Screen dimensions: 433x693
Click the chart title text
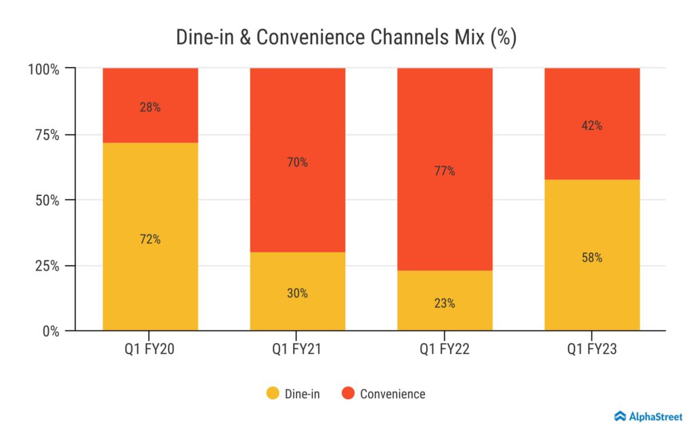[x=346, y=37]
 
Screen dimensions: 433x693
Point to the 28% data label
[x=150, y=107]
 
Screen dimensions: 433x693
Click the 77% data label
[x=445, y=171]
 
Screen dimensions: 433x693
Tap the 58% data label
[x=591, y=258]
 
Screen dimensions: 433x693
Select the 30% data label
[x=297, y=293]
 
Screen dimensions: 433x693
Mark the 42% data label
[x=591, y=126]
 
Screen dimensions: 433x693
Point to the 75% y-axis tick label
[x=45, y=135]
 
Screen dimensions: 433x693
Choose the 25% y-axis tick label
[x=45, y=266]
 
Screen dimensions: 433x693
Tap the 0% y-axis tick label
[x=49, y=332]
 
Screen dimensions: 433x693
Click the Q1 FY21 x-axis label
[x=297, y=350]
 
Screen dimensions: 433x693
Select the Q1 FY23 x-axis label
[x=591, y=350]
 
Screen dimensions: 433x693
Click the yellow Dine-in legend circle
[x=273, y=393]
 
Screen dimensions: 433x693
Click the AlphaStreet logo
[x=648, y=416]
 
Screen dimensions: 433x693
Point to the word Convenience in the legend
[x=393, y=394]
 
